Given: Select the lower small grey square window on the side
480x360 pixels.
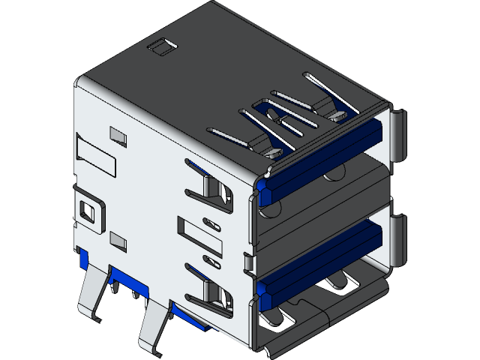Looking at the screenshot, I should pos(118,240).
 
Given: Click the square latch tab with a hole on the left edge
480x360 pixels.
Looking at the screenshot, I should pos(87,209).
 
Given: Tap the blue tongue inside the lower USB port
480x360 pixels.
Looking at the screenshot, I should pos(322,259).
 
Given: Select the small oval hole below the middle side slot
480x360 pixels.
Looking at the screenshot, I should pos(212,262).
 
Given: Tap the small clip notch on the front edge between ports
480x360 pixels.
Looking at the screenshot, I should pos(250,262).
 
